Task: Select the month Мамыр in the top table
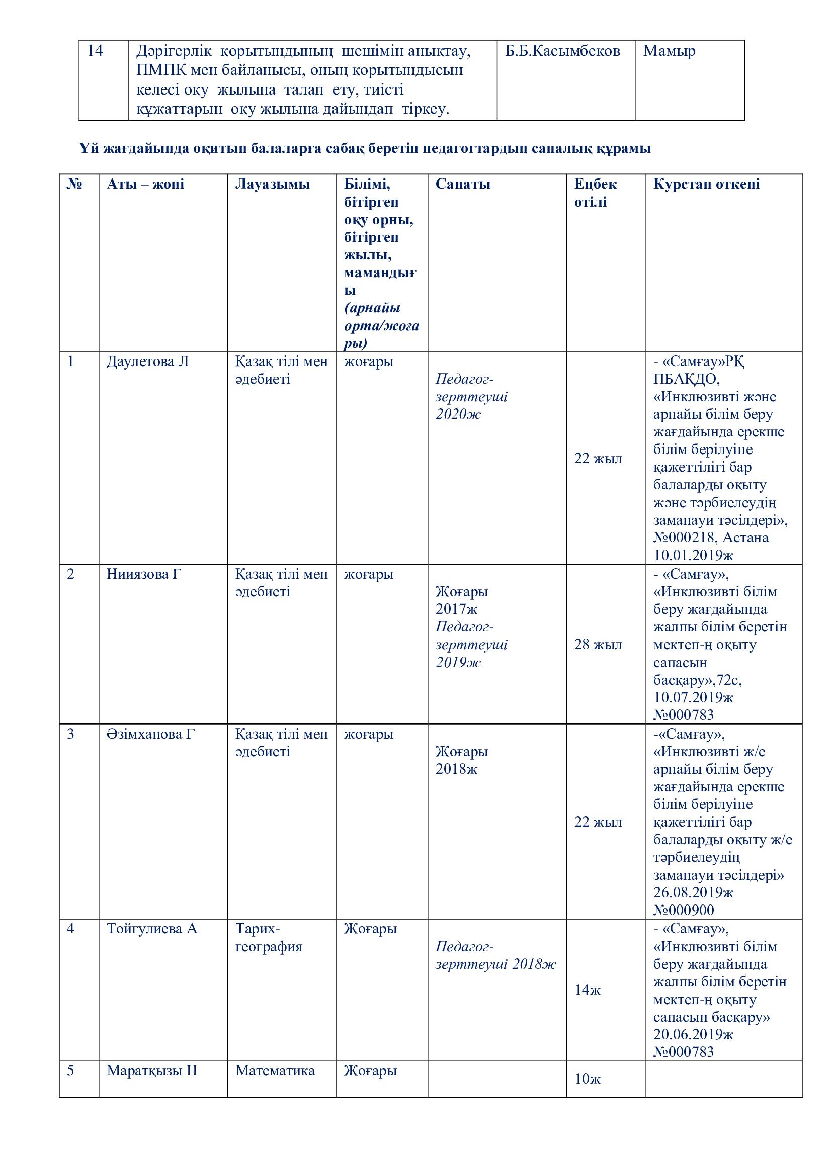click(x=669, y=51)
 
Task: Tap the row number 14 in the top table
click(x=95, y=51)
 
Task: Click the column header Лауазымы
click(x=272, y=185)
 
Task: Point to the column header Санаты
click(x=463, y=185)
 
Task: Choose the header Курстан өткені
click(x=706, y=185)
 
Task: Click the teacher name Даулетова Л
click(x=147, y=361)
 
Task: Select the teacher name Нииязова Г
click(x=144, y=574)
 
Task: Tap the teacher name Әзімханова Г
click(x=150, y=734)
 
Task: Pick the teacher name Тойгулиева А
click(x=151, y=929)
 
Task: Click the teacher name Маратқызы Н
click(x=151, y=1071)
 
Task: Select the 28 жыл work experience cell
click(x=598, y=645)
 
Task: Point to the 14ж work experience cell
click(x=587, y=990)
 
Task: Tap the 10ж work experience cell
click(x=587, y=1079)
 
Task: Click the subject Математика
click(x=275, y=1071)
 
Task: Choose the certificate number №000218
click(x=683, y=538)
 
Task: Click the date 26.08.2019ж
click(x=693, y=893)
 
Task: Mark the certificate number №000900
click(x=684, y=910)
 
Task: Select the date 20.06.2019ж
click(x=693, y=1034)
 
